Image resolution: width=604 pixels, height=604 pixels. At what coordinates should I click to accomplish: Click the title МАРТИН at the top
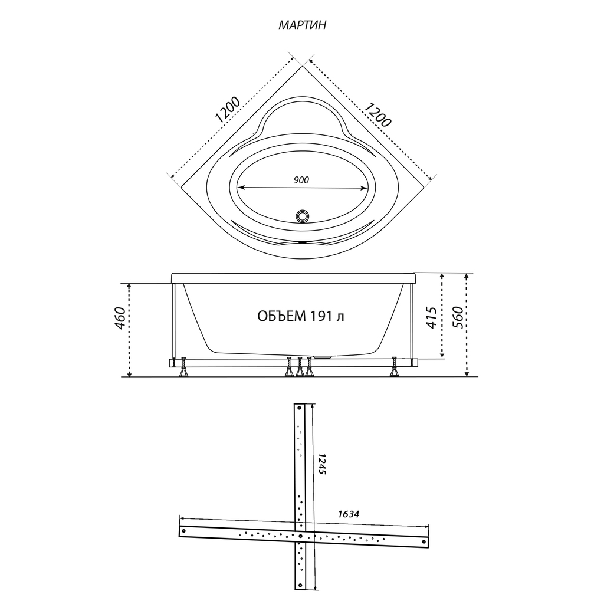302,25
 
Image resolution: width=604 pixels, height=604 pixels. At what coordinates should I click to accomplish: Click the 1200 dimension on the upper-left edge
228,109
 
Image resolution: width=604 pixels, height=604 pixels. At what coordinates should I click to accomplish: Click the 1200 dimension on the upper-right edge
378,114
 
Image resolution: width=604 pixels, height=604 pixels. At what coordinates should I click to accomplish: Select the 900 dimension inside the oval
301,180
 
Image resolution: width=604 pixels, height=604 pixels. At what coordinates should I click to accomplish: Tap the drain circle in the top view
302,216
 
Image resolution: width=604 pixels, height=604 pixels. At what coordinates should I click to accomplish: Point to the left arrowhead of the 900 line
241,187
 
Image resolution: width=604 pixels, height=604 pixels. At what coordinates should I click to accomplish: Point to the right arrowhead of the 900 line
363,188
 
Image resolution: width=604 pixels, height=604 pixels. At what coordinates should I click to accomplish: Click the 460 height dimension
120,318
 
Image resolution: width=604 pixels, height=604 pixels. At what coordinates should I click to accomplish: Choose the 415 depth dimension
432,317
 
